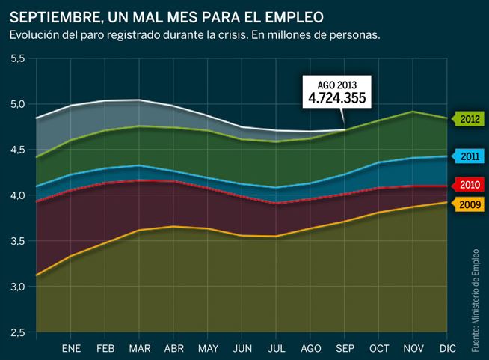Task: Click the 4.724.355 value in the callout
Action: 336,97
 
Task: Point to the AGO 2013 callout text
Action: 336,85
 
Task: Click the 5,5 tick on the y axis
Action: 15,58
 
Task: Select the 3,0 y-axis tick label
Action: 15,287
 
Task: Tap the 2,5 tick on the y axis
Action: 15,332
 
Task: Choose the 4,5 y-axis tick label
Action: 15,150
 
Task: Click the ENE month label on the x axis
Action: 71,349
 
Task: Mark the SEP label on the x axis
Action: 345,349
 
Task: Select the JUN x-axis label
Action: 243,349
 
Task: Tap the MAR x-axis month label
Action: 140,349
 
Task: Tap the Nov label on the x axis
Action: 414,349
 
